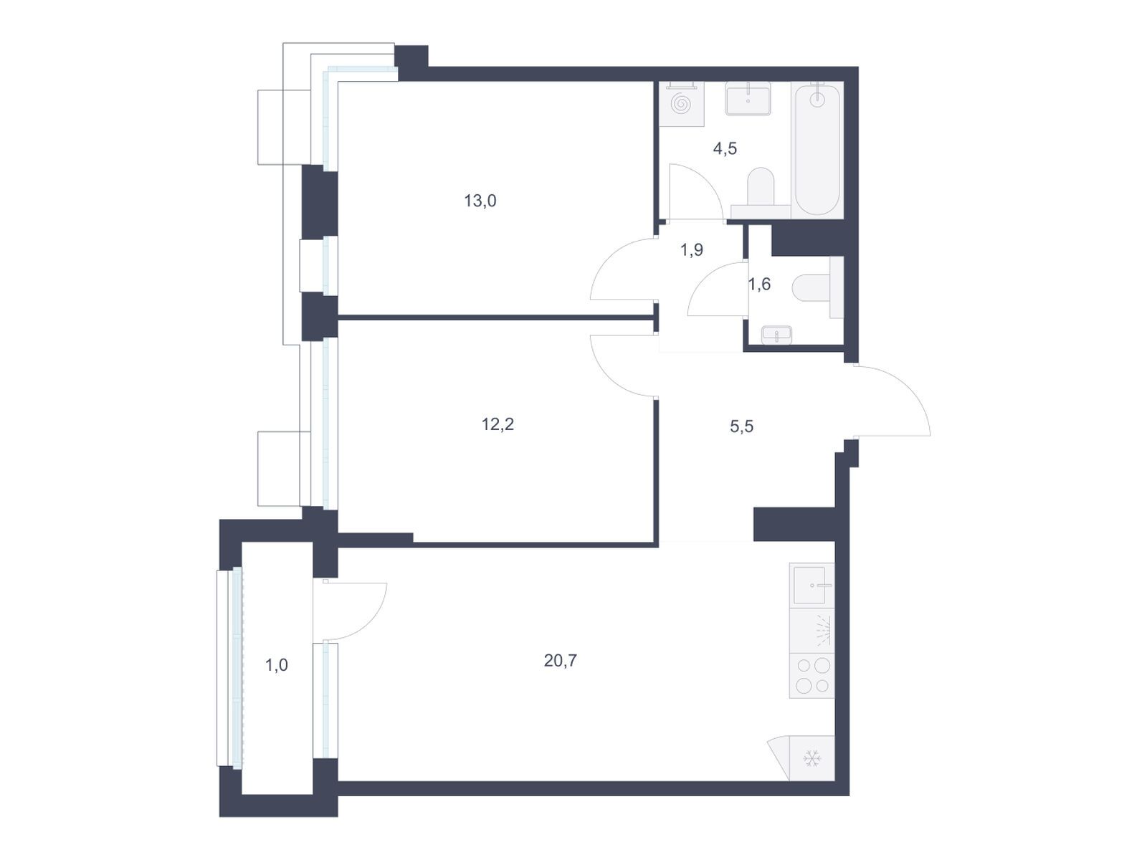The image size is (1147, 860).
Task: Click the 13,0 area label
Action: click(x=480, y=201)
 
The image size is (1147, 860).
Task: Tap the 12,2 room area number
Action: click(x=498, y=424)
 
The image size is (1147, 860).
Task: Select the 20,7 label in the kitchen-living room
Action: click(x=560, y=661)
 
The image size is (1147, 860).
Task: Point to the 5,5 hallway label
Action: click(x=741, y=426)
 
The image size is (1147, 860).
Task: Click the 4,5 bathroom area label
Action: click(x=725, y=148)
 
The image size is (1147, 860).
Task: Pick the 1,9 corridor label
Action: click(x=691, y=250)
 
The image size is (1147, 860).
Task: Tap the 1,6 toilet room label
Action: click(x=759, y=284)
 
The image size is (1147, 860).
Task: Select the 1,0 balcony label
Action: click(x=277, y=665)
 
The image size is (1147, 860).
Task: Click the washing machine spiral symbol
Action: click(x=681, y=104)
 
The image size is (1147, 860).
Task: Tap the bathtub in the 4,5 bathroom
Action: click(x=817, y=150)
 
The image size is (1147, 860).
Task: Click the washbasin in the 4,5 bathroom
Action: click(x=748, y=100)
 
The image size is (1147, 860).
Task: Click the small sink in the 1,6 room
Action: click(x=776, y=335)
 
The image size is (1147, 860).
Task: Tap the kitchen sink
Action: click(x=812, y=586)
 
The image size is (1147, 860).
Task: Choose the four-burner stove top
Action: click(x=812, y=676)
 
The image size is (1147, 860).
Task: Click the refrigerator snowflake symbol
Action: click(x=812, y=758)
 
